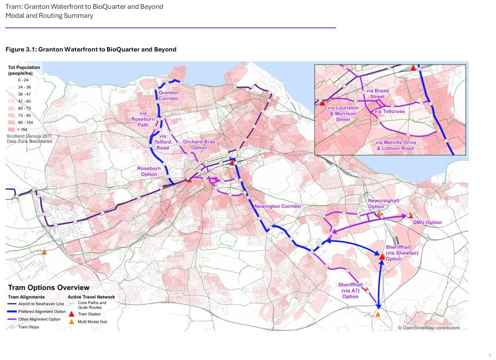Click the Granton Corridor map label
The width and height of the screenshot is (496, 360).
[169, 95]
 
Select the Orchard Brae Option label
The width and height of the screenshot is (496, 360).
[199, 144]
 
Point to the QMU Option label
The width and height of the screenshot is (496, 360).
[427, 223]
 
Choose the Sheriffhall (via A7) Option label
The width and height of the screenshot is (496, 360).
[350, 290]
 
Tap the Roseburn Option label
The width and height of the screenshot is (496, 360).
[149, 171]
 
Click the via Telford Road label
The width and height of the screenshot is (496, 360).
[162, 142]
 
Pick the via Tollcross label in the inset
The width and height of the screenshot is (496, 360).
[390, 112]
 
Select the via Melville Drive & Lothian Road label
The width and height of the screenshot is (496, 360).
[395, 145]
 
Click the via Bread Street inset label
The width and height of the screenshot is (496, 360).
[377, 94]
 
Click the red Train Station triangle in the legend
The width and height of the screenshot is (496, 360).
[71, 314]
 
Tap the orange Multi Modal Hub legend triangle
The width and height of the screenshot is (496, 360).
[71, 322]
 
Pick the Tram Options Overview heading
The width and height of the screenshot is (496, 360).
[49, 288]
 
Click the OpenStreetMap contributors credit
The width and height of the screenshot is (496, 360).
[429, 328]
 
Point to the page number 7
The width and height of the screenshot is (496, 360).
[490, 350]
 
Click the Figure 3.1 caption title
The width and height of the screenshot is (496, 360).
[91, 50]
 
